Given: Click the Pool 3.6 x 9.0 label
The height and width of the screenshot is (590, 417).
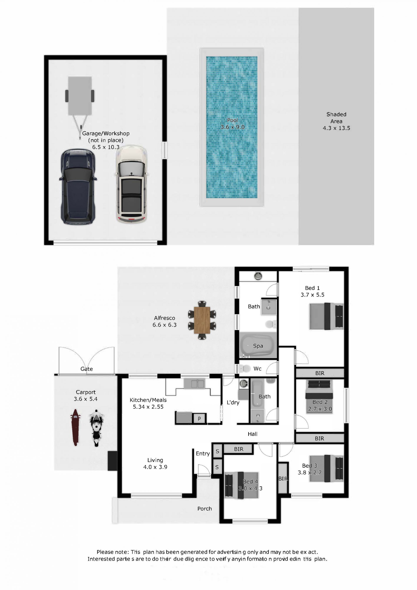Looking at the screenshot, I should pos(232,124).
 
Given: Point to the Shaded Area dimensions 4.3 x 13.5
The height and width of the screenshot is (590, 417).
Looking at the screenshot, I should pos(336,128).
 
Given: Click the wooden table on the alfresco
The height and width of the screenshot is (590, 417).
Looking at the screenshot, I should pos(202,320).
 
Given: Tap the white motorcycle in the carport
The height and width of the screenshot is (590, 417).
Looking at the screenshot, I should pos(96,428).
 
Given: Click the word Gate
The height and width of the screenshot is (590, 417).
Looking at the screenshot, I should pos(86,369).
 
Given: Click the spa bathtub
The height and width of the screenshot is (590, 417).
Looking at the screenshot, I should pos(258,346).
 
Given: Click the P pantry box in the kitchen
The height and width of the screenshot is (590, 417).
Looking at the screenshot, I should pos(199,419).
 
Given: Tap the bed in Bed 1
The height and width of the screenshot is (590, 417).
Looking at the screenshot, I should pos(326,316).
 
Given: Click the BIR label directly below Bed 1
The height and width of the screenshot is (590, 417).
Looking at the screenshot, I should pos(320,373).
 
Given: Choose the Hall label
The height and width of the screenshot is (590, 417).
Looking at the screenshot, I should pos(252,434).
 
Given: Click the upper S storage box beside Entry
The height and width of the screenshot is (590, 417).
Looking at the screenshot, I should pos(217,451).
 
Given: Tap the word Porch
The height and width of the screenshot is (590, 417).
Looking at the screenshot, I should pos(204,508).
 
